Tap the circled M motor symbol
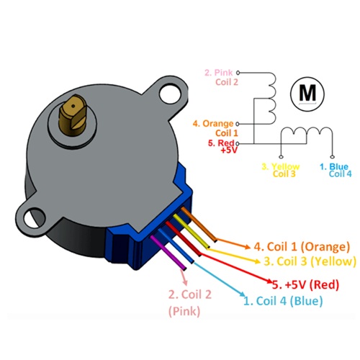(307, 94)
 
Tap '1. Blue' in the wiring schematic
(333, 166)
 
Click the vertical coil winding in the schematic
(270, 99)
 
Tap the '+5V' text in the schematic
(230, 150)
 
